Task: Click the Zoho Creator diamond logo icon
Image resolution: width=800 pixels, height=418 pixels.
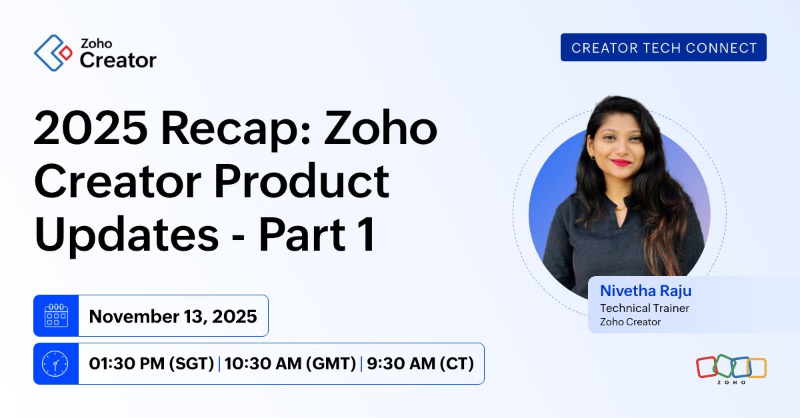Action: pos(53,53)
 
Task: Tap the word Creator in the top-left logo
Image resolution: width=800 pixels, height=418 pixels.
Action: pos(118,61)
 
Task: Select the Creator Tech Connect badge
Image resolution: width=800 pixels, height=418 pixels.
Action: pos(663,47)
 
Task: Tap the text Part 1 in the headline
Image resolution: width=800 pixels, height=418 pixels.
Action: pos(317,234)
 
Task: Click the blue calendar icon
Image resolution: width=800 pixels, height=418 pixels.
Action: pos(56,315)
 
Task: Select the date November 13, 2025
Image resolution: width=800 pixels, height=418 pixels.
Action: pos(173,316)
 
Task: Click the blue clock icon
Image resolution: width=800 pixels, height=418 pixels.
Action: pos(56,363)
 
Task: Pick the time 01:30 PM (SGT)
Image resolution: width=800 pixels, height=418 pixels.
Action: pos(151,364)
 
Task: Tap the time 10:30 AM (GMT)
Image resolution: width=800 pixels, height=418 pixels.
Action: pos(290,364)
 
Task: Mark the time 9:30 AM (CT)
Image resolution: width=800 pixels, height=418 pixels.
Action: pos(420,364)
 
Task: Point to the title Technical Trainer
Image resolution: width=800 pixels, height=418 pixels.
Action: pos(645,308)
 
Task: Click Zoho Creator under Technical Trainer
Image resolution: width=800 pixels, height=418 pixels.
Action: pos(630,322)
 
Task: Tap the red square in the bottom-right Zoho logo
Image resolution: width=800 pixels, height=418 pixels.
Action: pos(707,366)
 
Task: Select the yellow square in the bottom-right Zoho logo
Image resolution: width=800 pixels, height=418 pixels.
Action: pos(757,367)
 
